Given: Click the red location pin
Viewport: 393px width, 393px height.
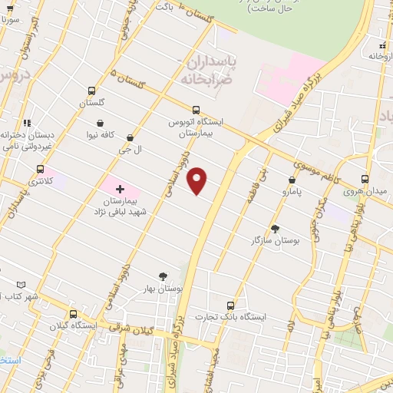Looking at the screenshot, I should coord(198,180).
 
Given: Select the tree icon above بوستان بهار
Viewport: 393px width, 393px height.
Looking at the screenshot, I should coord(163,276).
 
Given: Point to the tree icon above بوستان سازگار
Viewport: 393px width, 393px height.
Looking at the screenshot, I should coord(275,229).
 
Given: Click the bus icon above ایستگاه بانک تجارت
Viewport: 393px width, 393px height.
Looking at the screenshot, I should coord(230,305).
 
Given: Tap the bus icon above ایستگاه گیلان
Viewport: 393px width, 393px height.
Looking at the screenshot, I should coord(73,314).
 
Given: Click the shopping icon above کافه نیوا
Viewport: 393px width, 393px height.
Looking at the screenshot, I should coord(101,123).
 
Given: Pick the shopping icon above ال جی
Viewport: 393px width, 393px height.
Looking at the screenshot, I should coord(129,137).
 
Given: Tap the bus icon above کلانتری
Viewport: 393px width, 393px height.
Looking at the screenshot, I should coord(40,169).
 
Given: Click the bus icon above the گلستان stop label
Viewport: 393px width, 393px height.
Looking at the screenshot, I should coord(91,91).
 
